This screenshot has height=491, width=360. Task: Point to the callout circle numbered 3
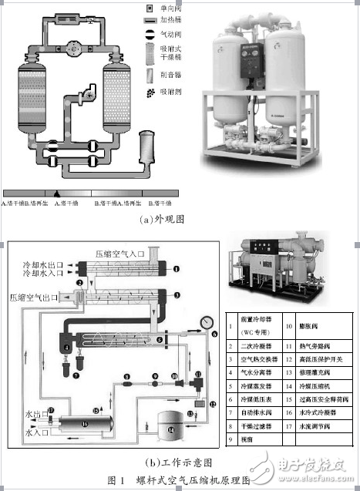click(176, 295)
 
